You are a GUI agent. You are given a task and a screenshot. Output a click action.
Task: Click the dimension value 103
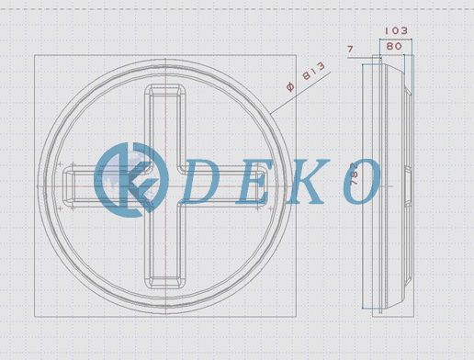394,30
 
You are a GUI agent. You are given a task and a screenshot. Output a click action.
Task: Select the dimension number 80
394,45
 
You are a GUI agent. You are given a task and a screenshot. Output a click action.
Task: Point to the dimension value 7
350,48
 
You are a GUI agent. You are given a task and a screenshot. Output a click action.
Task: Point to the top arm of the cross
165,119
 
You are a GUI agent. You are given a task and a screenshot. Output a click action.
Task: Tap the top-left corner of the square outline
35,56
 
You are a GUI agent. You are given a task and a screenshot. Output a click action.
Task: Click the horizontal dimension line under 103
394,39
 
